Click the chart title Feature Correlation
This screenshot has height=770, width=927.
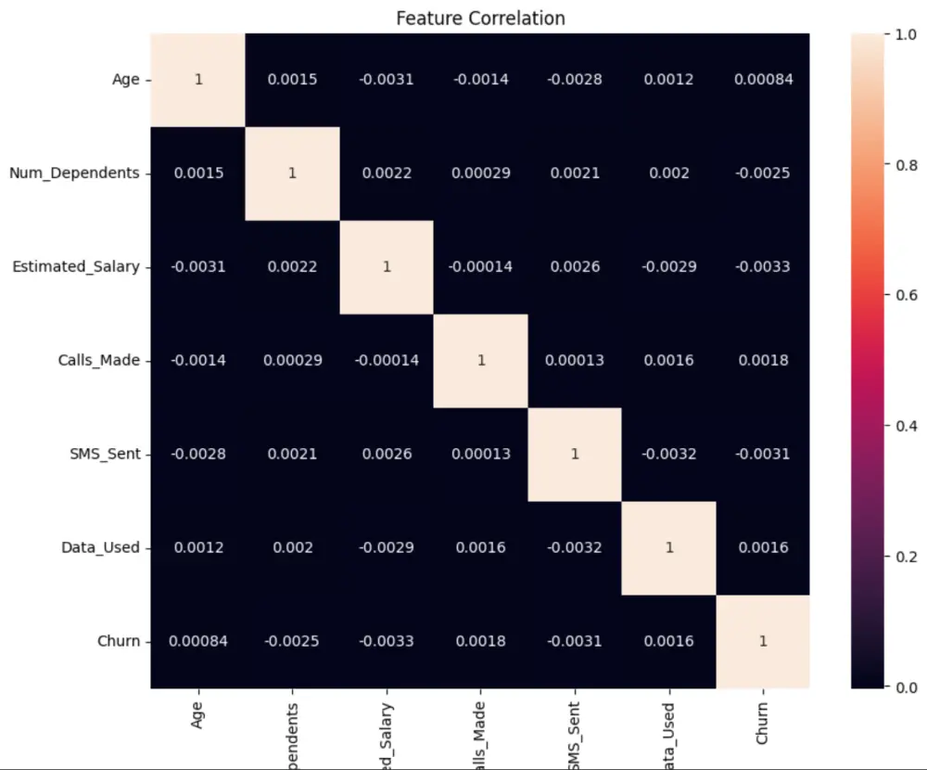click(480, 18)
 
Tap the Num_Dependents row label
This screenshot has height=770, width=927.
click(74, 173)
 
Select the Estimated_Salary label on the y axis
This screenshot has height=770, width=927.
click(75, 266)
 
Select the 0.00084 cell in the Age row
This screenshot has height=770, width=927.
click(762, 79)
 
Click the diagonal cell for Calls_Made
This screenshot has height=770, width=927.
click(480, 360)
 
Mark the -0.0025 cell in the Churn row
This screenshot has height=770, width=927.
click(292, 641)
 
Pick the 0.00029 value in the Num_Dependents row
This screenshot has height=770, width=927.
click(480, 173)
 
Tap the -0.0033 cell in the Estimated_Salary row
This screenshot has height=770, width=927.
click(762, 266)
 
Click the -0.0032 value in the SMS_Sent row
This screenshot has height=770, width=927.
click(668, 454)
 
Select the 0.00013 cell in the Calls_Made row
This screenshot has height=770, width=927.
click(574, 360)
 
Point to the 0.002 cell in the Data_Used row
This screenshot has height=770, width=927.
click(292, 547)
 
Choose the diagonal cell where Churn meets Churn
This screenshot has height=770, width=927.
click(762, 641)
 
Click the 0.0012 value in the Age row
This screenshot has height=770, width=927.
click(668, 79)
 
